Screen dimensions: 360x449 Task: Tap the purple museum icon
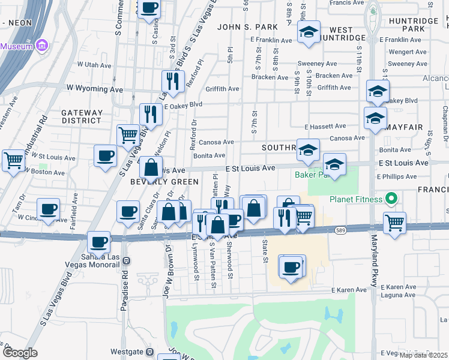tap(41, 46)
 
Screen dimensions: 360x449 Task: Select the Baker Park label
tap(312, 175)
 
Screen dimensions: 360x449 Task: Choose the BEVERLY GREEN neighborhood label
tap(164, 182)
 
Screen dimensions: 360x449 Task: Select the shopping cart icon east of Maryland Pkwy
tap(394, 223)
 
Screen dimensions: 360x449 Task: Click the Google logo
tap(20, 352)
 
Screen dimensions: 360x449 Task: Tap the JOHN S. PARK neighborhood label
tap(247, 27)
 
